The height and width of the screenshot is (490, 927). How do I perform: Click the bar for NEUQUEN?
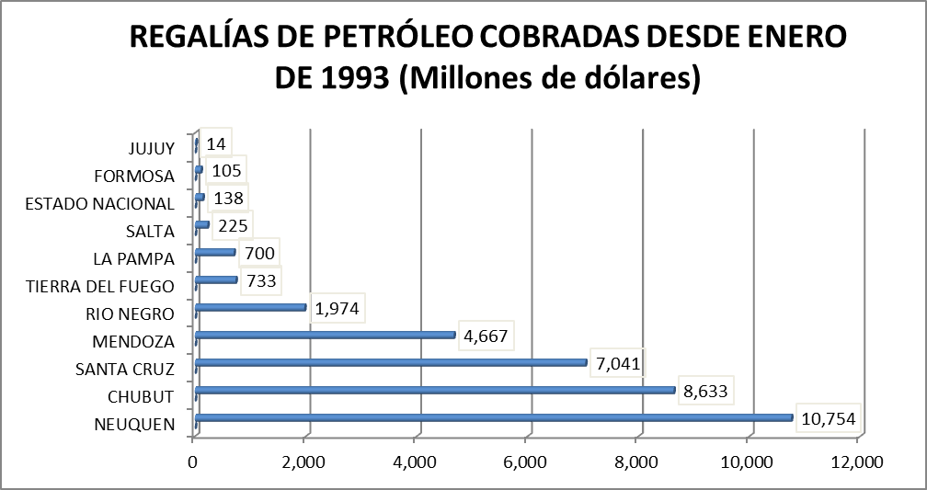pos(494,417)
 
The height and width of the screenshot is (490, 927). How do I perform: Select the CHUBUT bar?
pos(435,390)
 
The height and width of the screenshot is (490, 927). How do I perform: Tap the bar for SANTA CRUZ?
pos(391,362)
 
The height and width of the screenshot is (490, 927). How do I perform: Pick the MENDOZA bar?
pos(326,335)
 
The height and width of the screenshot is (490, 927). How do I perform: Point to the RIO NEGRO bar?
pos(251,307)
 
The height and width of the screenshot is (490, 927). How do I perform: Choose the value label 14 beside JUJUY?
pos(216,144)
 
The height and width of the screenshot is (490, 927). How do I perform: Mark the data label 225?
pos(231,226)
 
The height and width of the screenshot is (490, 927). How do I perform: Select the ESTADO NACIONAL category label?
pos(100,203)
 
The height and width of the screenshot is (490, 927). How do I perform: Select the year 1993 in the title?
pos(353,77)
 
